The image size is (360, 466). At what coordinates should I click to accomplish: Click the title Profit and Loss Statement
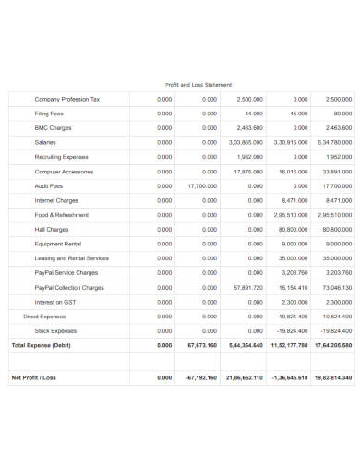point(198,84)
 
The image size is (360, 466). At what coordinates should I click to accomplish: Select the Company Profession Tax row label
point(67,99)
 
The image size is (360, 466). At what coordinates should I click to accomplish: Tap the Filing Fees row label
point(50,113)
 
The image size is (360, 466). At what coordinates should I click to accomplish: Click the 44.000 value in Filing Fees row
point(254,113)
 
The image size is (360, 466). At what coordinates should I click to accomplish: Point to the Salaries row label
point(45,142)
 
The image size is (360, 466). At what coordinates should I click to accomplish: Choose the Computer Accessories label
point(65,171)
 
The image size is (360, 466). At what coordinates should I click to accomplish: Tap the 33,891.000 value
point(338,171)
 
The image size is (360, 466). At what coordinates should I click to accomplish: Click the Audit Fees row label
point(49,185)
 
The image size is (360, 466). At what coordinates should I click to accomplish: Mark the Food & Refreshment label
point(62,214)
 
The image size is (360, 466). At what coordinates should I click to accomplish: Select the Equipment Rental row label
point(58,244)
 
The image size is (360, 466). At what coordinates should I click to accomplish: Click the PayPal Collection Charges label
point(69,287)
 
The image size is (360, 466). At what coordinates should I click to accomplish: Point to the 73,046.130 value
point(337,287)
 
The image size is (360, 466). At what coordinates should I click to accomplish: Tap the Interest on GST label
point(55,302)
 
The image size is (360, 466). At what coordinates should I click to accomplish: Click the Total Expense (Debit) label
point(41,344)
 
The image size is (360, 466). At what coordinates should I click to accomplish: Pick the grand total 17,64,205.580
point(333,344)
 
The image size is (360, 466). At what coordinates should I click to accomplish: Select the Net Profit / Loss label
point(34,377)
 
